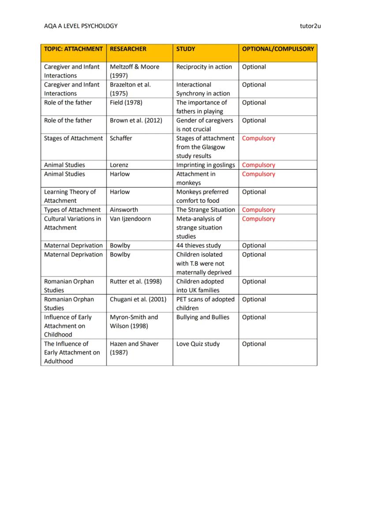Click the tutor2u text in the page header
click(x=309, y=26)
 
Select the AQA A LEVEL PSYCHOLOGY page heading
click(x=81, y=26)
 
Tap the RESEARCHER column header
click(x=128, y=49)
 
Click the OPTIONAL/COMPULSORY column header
click(x=278, y=49)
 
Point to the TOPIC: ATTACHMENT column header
click(x=73, y=49)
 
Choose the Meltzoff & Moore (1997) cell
click(x=134, y=71)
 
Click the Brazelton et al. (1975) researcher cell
click(x=130, y=89)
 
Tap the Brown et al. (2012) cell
click(x=136, y=120)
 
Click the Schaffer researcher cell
click(x=121, y=138)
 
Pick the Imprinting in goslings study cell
click(x=205, y=165)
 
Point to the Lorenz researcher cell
click(x=119, y=165)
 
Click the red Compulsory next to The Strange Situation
click(x=258, y=210)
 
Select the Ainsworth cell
click(x=124, y=210)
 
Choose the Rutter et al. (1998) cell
click(x=136, y=281)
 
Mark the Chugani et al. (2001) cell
click(x=138, y=299)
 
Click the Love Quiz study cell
click(x=198, y=344)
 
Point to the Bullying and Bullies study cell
click(x=203, y=317)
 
